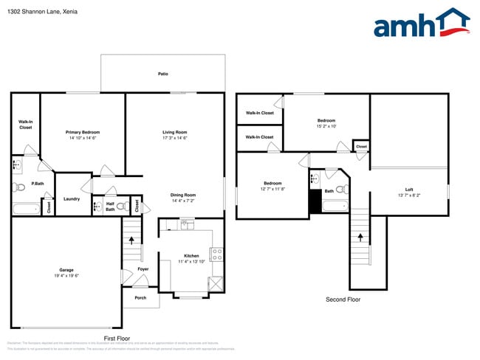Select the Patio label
pyautogui.click(x=162, y=74)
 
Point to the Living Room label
pyautogui.click(x=175, y=132)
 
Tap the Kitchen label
pyautogui.click(x=191, y=256)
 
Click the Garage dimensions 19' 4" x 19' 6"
pyautogui.click(x=66, y=275)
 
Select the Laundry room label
pyautogui.click(x=72, y=198)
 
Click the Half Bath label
pyautogui.click(x=109, y=207)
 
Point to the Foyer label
pyautogui.click(x=143, y=269)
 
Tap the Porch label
pyautogui.click(x=140, y=298)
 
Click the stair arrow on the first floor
pyautogui.click(x=132, y=239)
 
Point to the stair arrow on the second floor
pyautogui.click(x=360, y=237)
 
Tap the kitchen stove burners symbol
pyautogui.click(x=217, y=254)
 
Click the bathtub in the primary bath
pyautogui.click(x=26, y=209)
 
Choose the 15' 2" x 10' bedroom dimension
pyautogui.click(x=326, y=126)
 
